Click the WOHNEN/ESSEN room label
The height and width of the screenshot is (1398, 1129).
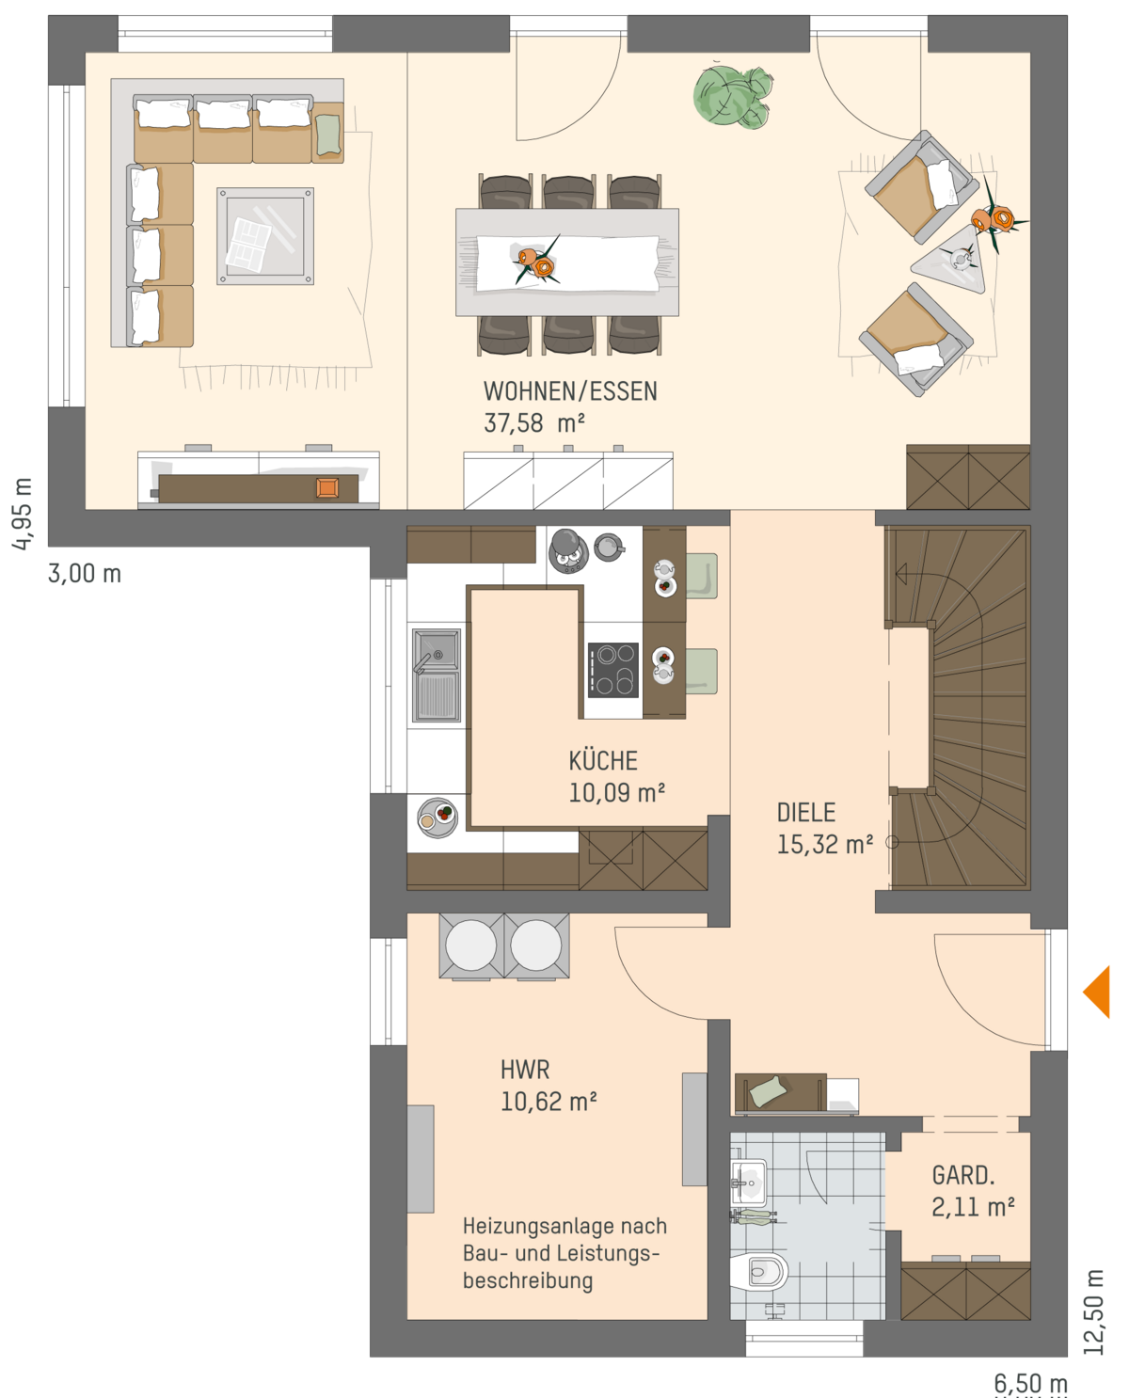click(x=570, y=391)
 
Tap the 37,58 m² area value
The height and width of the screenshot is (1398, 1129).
click(x=533, y=423)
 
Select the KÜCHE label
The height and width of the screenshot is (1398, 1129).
click(x=602, y=761)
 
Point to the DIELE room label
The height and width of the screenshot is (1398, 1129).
click(x=806, y=813)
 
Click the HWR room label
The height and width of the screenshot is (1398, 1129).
click(x=524, y=1070)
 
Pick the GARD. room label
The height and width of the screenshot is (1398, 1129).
click(x=962, y=1175)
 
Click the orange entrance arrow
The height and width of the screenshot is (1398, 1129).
click(x=1096, y=992)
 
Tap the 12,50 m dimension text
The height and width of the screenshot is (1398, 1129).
click(x=1093, y=1312)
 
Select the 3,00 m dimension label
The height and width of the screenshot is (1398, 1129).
click(x=84, y=574)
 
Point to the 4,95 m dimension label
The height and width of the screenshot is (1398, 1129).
click(x=22, y=514)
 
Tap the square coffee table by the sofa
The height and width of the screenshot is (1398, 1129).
click(x=265, y=236)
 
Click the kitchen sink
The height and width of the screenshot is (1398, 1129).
click(x=436, y=675)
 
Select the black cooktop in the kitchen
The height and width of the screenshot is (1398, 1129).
click(x=612, y=670)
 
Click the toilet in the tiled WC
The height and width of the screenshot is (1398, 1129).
click(x=759, y=1272)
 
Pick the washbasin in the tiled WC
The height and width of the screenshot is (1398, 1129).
click(x=748, y=1183)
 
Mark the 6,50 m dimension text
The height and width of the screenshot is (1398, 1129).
click(x=1030, y=1384)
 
